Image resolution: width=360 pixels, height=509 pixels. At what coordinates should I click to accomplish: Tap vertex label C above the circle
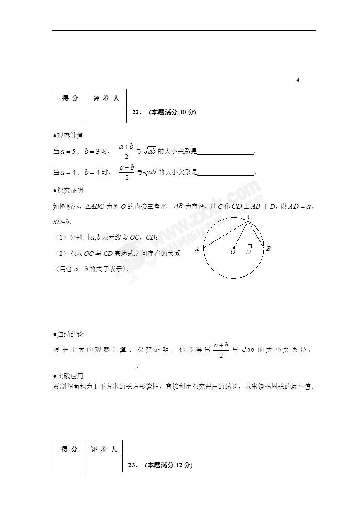coord(249,217)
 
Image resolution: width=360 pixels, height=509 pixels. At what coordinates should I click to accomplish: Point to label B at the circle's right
coord(268,249)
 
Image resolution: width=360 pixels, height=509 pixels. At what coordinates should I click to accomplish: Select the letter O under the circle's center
coord(233,252)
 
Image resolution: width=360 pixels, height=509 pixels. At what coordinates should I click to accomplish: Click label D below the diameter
coord(248,252)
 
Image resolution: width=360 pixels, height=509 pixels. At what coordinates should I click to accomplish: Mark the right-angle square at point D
coord(250,246)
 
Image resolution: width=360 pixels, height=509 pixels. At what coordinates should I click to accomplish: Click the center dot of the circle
coord(234,248)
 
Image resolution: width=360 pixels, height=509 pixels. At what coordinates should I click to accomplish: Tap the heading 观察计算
coord(70,136)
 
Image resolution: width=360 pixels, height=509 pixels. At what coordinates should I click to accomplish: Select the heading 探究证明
coord(70,191)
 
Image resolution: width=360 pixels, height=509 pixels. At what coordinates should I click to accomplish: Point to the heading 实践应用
coord(70,376)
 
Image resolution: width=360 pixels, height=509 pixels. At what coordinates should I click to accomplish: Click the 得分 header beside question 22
coord(70,98)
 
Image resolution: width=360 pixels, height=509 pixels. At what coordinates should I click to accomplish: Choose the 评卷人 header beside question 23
coord(104,449)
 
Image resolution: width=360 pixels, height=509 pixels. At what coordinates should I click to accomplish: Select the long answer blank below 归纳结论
coord(94,367)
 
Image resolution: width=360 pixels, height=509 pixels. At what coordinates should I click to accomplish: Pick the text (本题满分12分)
coord(169,465)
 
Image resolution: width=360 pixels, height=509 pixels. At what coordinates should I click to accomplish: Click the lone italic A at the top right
coord(297,80)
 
